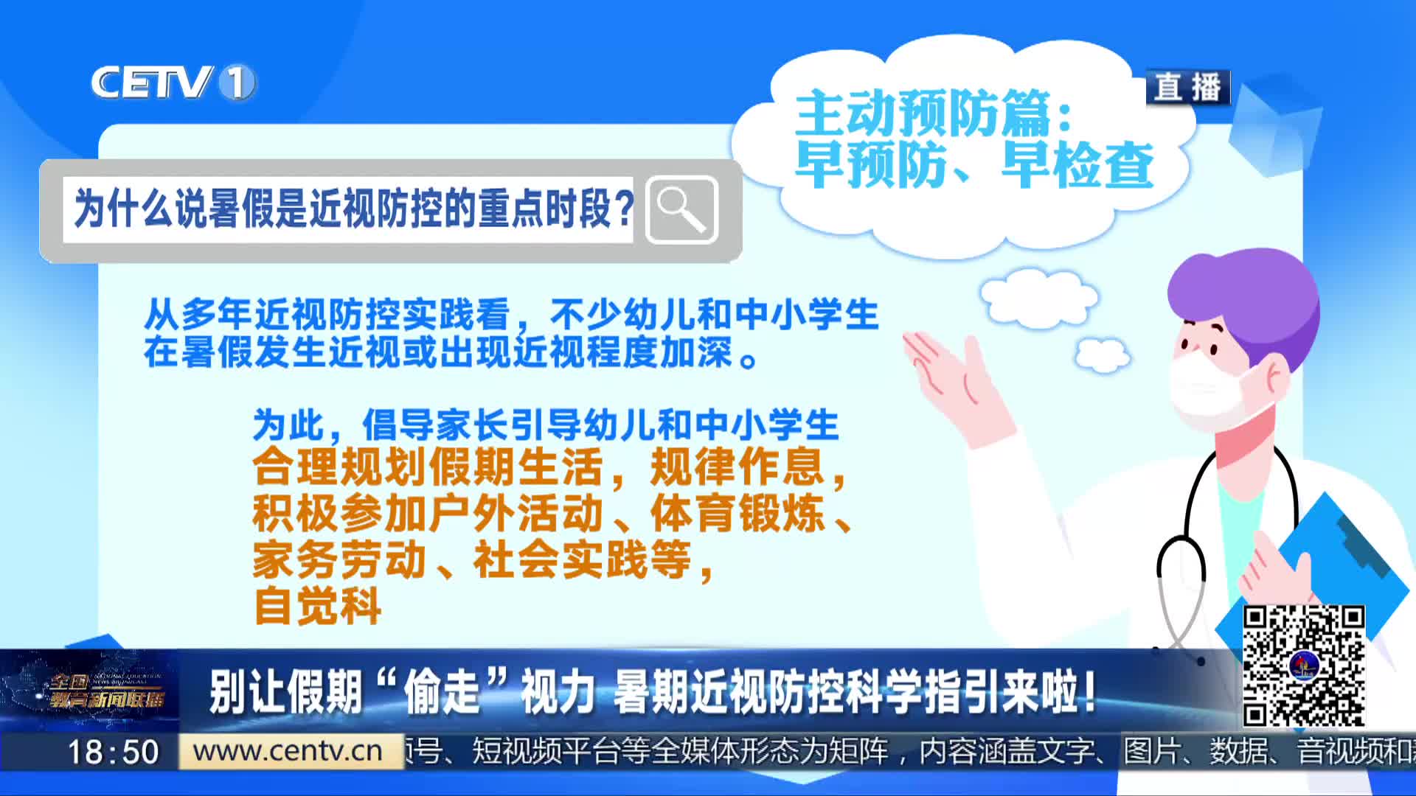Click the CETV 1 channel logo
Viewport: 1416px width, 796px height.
[x=173, y=82]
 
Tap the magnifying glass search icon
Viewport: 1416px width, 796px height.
[x=681, y=210]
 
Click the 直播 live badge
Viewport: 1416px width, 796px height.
[x=1187, y=87]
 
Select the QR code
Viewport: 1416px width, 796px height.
[x=1303, y=666]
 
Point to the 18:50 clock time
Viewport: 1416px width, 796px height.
[x=114, y=752]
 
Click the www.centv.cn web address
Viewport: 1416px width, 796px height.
[x=288, y=751]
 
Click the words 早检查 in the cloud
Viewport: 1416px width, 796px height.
[x=1077, y=165]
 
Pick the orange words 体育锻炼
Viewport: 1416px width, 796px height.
[x=737, y=514]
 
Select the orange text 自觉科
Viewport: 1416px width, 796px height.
[x=317, y=606]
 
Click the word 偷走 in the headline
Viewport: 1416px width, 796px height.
[x=442, y=692]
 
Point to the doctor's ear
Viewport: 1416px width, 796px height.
[x=1275, y=375]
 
